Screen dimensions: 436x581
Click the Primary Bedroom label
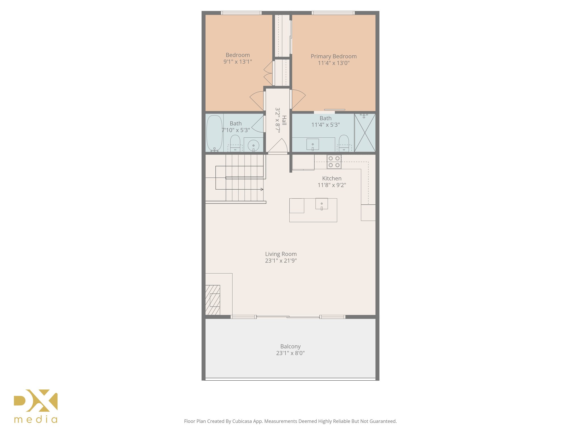tap(334, 56)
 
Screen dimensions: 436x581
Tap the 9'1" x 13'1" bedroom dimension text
tap(238, 62)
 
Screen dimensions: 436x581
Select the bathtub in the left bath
tap(214, 133)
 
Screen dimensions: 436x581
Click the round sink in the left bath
tap(253, 146)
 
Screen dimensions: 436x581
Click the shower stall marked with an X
tap(365, 133)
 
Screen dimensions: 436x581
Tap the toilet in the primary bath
tap(344, 143)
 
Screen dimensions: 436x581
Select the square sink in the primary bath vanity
tap(313, 144)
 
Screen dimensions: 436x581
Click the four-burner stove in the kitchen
tap(334, 162)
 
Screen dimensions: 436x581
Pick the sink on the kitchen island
tap(321, 204)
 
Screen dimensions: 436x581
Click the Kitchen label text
tap(332, 178)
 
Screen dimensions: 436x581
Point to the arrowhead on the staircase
tap(262, 189)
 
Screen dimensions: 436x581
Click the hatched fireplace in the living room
tap(213, 300)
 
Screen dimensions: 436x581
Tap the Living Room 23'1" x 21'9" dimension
tap(281, 261)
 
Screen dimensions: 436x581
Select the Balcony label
tap(290, 346)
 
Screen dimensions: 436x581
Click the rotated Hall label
tap(284, 120)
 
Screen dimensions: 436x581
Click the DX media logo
tap(36, 406)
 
